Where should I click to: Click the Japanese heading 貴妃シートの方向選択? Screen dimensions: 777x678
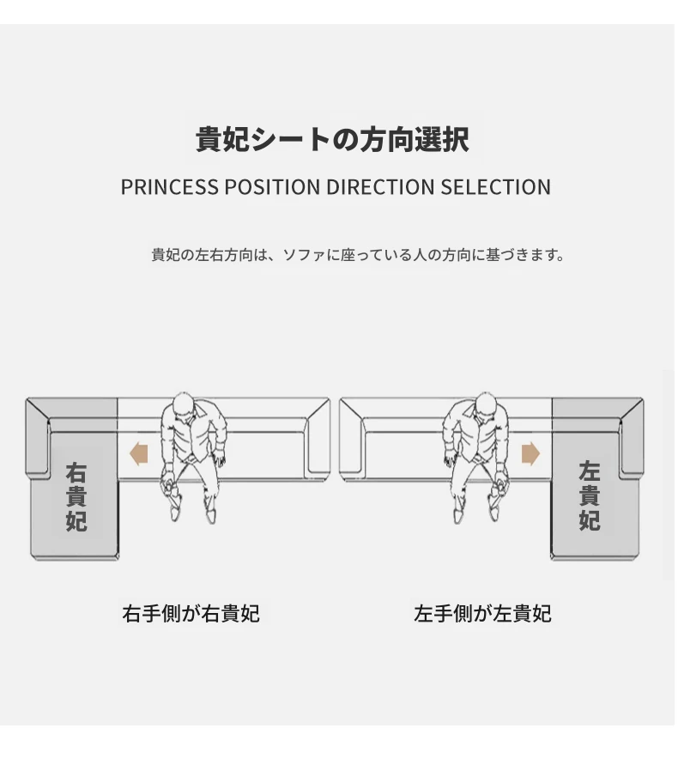click(x=332, y=140)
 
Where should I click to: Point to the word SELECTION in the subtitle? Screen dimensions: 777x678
click(x=496, y=187)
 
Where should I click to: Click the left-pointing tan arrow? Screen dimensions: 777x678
click(x=138, y=453)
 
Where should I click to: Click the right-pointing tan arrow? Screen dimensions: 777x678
click(x=530, y=453)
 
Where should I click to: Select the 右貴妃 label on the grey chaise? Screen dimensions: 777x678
click(x=76, y=496)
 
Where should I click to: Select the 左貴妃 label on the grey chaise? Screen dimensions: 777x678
click(x=589, y=496)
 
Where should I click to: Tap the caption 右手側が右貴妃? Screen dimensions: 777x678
click(x=191, y=613)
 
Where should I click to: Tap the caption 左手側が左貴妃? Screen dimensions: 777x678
click(x=482, y=613)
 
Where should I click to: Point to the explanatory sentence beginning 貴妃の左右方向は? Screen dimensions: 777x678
click(x=358, y=255)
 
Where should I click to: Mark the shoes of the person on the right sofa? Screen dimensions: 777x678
click(x=477, y=511)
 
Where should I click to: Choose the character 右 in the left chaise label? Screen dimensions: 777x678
click(x=76, y=472)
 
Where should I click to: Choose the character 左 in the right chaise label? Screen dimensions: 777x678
click(x=589, y=472)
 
